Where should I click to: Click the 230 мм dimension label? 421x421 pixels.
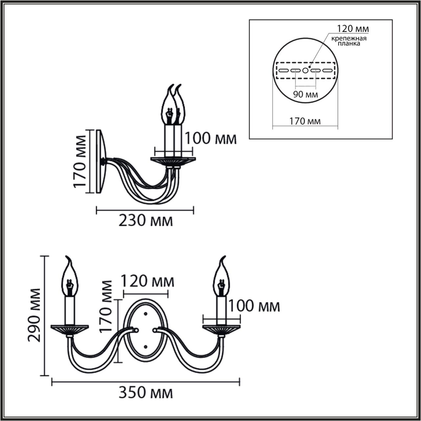coord(145,221)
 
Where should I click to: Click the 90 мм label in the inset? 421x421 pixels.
coord(306,95)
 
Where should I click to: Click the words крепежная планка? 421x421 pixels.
coord(349,41)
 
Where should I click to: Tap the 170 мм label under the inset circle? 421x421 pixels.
coord(305,121)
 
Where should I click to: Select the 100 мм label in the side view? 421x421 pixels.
coord(210,138)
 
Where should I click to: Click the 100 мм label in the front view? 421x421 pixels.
coord(254,306)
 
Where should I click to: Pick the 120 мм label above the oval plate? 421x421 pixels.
coord(148,282)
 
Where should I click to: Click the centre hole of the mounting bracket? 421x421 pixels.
coord(305,70)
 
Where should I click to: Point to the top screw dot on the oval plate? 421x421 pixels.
coord(145,314)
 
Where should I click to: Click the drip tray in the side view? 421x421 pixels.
coord(173,161)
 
